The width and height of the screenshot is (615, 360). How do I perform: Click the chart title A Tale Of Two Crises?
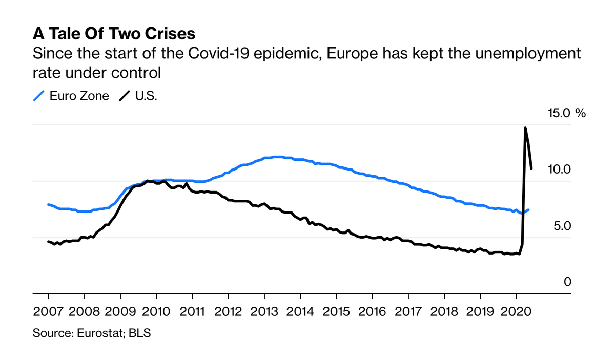coord(114,34)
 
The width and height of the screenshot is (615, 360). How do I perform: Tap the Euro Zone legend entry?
coord(78,96)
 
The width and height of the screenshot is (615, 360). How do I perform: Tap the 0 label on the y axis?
coord(567,282)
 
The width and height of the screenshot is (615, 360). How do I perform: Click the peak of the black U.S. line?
coord(525,128)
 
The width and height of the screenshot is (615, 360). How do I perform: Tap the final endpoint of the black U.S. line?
coord(531,168)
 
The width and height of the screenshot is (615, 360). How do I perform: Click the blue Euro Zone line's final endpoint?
coord(529,209)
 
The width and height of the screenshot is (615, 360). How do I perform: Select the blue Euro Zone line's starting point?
coord(48,204)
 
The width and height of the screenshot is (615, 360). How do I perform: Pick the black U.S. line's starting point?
coord(48,241)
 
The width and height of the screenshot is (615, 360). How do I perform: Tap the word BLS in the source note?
coord(140,333)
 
